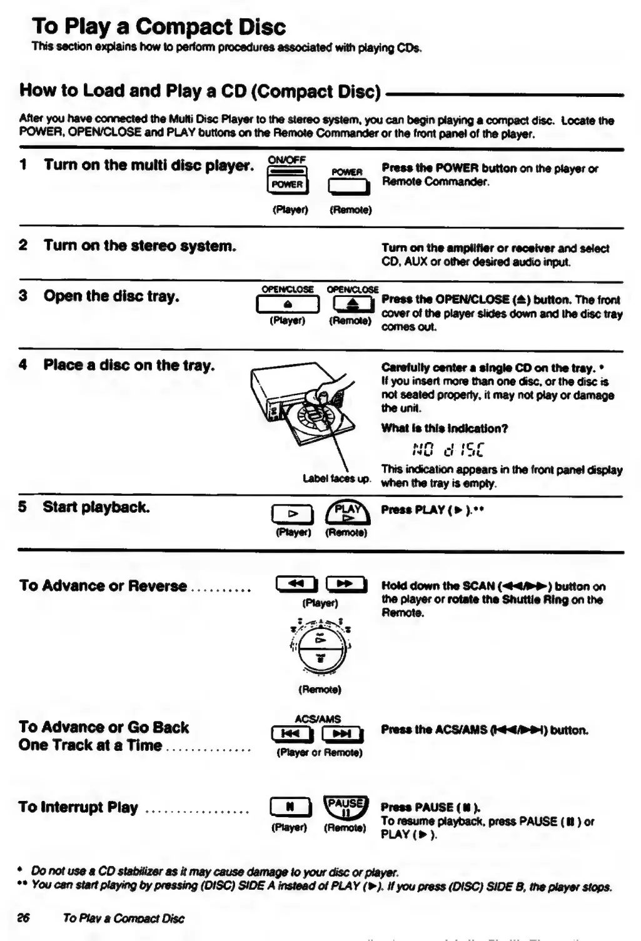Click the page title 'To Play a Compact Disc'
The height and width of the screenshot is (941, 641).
click(159, 27)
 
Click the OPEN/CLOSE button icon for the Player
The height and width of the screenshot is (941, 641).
click(288, 304)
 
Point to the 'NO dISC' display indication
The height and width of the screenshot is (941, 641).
click(448, 450)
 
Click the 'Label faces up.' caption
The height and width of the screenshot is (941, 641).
click(336, 479)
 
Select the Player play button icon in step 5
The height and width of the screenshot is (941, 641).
click(291, 514)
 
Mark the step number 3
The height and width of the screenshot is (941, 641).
click(23, 296)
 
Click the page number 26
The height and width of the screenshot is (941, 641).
click(24, 918)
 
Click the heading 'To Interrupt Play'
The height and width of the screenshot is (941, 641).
click(78, 807)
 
